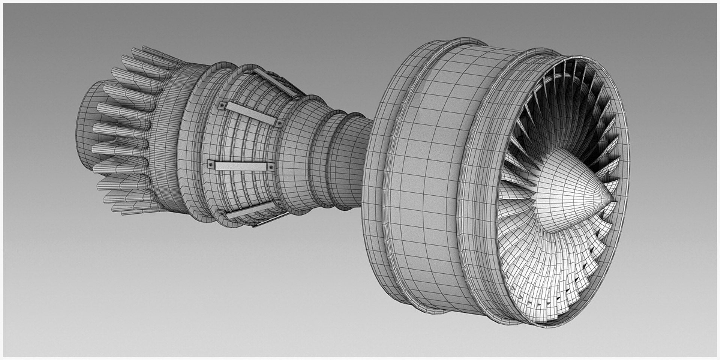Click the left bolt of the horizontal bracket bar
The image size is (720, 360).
pos(211,164)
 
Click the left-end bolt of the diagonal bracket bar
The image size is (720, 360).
pos(222,106)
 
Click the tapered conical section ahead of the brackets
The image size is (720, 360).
pos(296,157)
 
